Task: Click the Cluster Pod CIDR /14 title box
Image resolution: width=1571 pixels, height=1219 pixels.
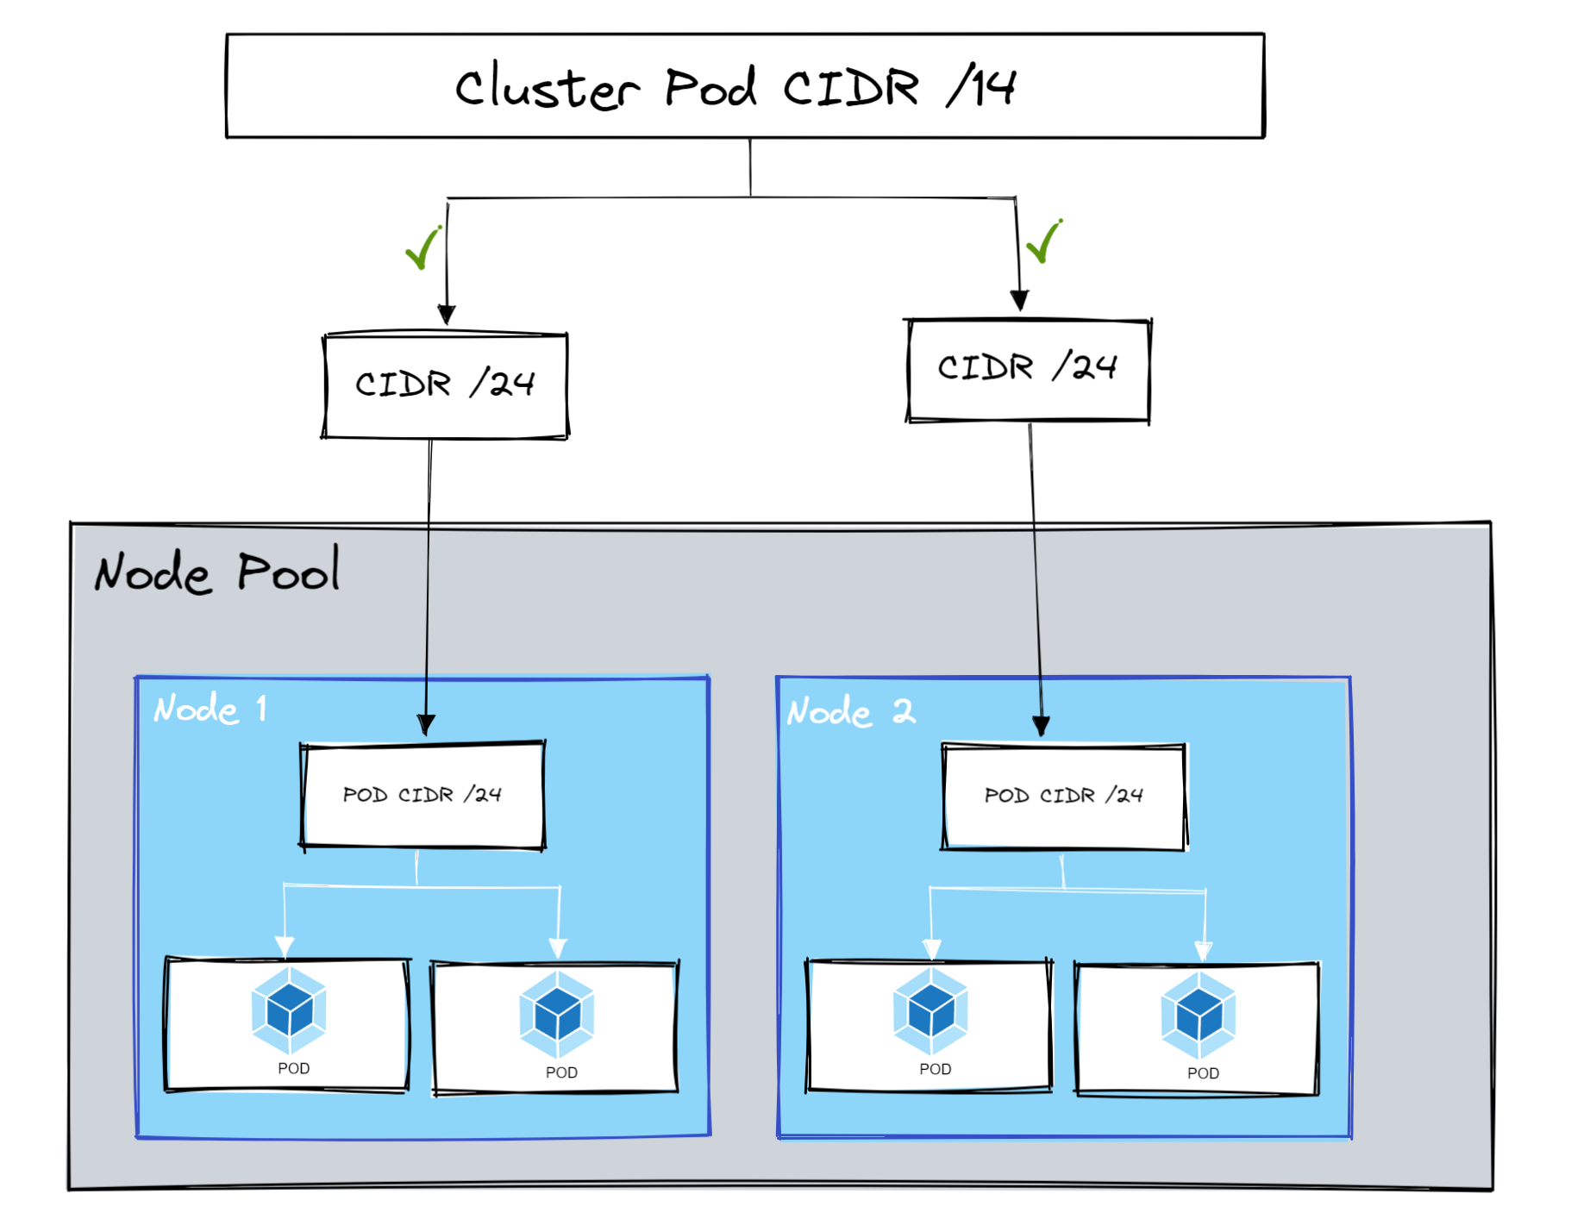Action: [x=744, y=86]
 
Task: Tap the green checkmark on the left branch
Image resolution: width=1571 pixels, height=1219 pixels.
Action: [x=423, y=248]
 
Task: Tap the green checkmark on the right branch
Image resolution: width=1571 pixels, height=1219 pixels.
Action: [x=1044, y=241]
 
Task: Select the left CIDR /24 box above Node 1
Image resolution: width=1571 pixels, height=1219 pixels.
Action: [x=445, y=385]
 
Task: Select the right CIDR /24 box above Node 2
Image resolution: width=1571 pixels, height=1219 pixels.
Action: [x=1028, y=370]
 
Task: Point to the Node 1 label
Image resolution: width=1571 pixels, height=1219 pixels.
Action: [x=210, y=710]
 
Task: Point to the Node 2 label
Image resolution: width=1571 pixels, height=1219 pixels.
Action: [x=850, y=712]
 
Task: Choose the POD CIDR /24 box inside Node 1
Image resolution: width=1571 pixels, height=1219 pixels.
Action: [x=422, y=795]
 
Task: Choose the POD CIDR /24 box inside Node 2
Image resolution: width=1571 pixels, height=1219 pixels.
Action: [x=1064, y=796]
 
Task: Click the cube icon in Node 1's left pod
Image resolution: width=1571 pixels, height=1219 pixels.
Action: [x=289, y=1010]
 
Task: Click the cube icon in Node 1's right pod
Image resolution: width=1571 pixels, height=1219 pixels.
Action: [x=557, y=1014]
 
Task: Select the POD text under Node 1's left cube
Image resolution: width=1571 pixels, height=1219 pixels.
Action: [x=293, y=1068]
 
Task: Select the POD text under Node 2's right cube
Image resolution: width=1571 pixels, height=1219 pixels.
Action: [x=1203, y=1073]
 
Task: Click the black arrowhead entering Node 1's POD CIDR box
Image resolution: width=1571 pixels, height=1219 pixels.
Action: [x=426, y=724]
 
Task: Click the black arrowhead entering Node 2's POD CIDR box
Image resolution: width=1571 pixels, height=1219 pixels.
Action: [x=1041, y=726]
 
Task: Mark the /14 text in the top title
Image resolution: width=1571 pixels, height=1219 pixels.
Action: [x=981, y=86]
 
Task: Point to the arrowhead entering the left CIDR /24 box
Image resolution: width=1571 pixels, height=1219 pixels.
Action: [x=446, y=315]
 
